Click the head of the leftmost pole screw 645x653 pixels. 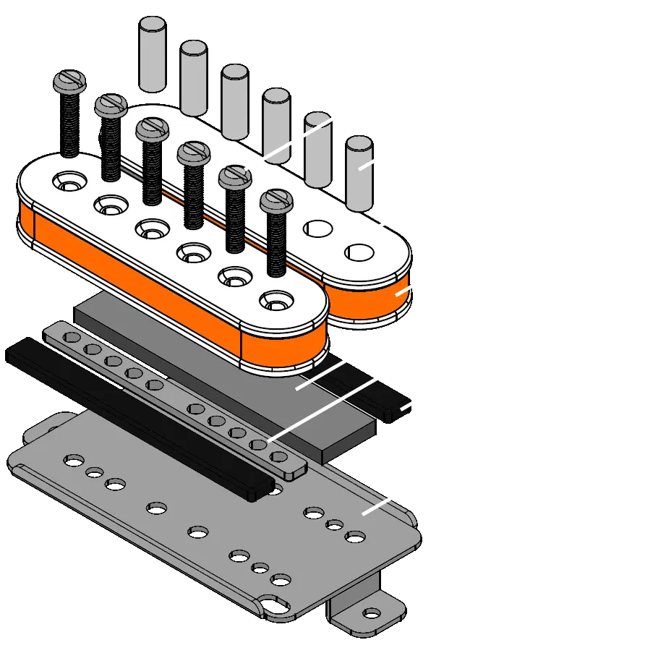point(69,81)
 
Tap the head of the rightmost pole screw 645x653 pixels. point(275,200)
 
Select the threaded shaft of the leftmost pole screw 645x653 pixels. point(69,123)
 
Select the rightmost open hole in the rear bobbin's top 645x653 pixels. point(359,252)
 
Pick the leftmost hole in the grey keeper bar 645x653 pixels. point(72,337)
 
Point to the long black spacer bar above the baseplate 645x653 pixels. point(130,419)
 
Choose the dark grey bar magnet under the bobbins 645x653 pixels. point(239,383)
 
